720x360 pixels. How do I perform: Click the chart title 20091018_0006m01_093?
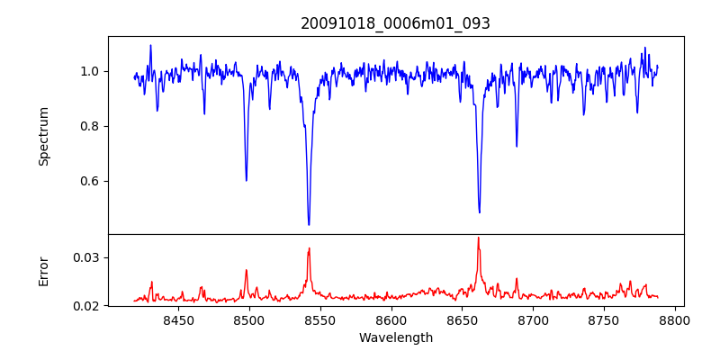point(395,23)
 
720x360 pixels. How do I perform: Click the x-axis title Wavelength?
point(395,337)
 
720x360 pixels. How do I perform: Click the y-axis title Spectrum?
point(43,136)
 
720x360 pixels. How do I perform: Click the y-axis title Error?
point(43,270)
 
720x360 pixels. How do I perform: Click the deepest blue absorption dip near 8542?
point(309,224)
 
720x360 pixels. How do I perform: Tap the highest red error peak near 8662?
point(478,238)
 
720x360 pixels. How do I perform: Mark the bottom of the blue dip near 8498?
point(246,180)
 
